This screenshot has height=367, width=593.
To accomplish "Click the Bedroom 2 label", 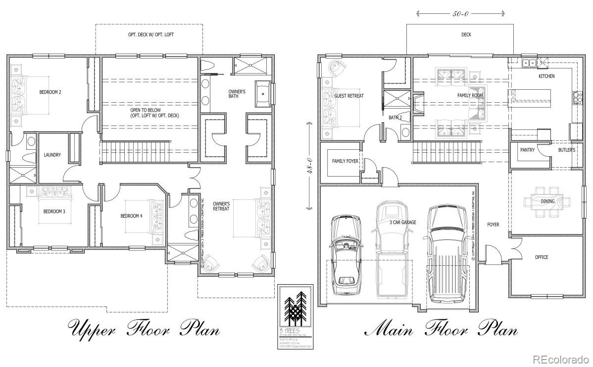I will (x=50, y=92).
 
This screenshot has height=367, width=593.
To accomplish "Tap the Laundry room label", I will (x=52, y=155).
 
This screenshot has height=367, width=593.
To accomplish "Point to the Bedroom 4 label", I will (x=131, y=216).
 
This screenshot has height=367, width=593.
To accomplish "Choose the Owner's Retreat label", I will (x=221, y=206).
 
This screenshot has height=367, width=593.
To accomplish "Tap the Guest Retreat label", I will (x=349, y=96).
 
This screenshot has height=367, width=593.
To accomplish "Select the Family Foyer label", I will (x=345, y=161).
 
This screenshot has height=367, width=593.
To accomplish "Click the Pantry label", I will (x=527, y=150).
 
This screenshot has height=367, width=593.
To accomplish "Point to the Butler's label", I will (x=566, y=150).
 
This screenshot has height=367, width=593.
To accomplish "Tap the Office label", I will (x=542, y=257).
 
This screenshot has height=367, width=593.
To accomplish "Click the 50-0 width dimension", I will (x=460, y=14).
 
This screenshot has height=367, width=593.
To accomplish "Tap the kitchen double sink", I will (x=529, y=62).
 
